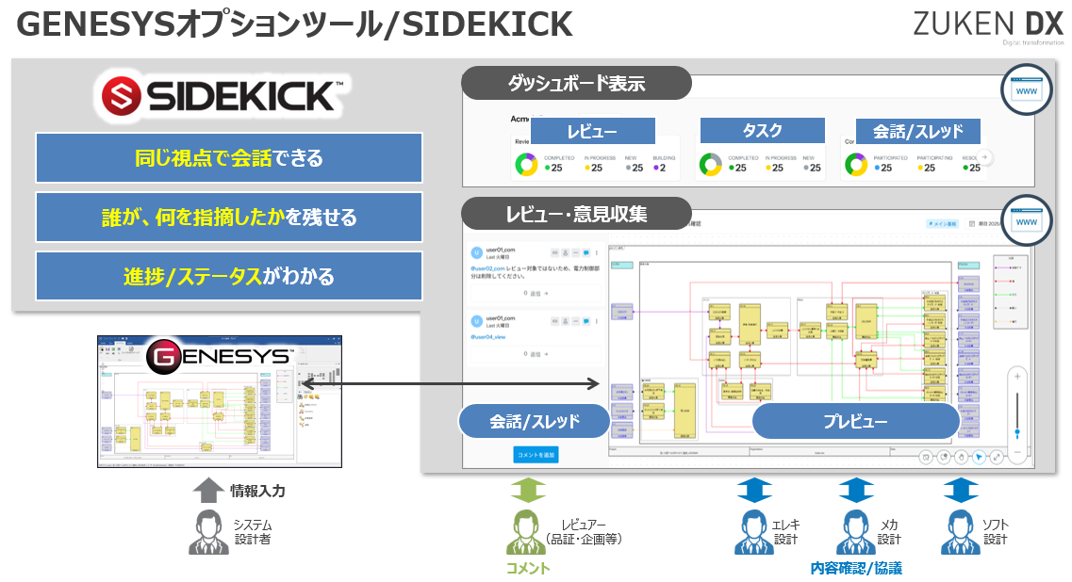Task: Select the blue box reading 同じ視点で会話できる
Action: pyautogui.click(x=229, y=157)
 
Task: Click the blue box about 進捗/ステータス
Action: pyautogui.click(x=229, y=277)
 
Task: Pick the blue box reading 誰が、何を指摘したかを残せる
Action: pyautogui.click(x=229, y=218)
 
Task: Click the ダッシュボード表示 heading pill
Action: pyautogui.click(x=576, y=83)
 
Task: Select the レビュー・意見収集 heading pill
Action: pyautogui.click(x=577, y=214)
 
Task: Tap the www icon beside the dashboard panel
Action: pyautogui.click(x=1026, y=90)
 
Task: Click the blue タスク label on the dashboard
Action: pyautogui.click(x=763, y=131)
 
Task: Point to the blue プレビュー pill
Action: pyautogui.click(x=855, y=421)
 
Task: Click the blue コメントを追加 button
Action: pyautogui.click(x=536, y=455)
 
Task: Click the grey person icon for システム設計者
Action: pyautogui.click(x=208, y=532)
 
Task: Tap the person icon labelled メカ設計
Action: pyautogui.click(x=856, y=532)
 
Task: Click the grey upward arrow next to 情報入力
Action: pyautogui.click(x=208, y=490)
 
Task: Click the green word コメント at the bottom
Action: pyautogui.click(x=528, y=568)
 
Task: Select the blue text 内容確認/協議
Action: pyautogui.click(x=856, y=568)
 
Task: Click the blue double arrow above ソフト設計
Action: pyautogui.click(x=961, y=490)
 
